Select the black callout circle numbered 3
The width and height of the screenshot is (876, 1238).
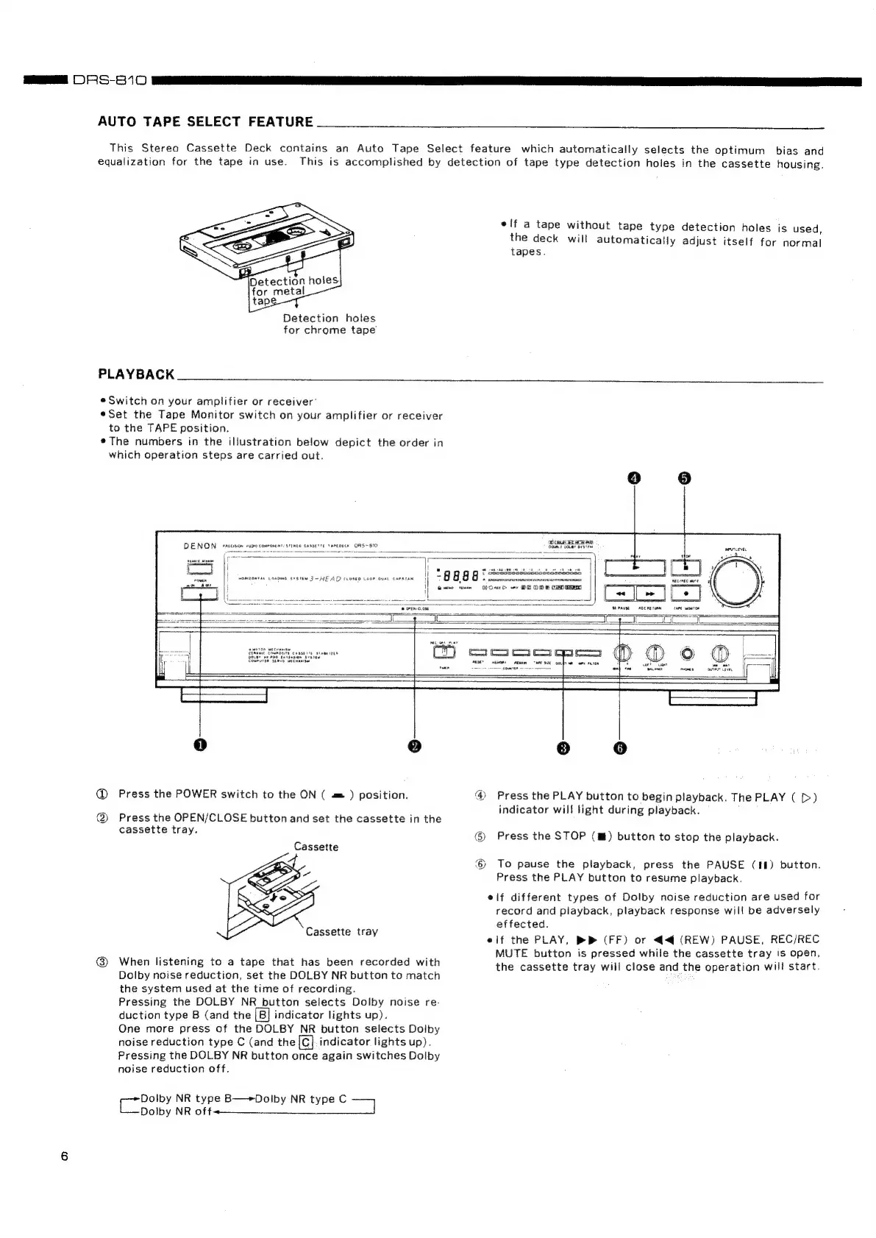(x=563, y=747)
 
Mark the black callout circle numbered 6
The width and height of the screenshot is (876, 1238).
(x=620, y=747)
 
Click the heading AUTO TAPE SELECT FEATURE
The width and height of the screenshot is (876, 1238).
(x=205, y=121)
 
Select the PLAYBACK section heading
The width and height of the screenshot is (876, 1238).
(x=136, y=374)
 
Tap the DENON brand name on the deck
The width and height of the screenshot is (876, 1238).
(x=199, y=546)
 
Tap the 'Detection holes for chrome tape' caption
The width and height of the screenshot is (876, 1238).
(x=330, y=324)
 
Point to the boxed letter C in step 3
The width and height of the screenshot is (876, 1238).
(x=306, y=1042)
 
